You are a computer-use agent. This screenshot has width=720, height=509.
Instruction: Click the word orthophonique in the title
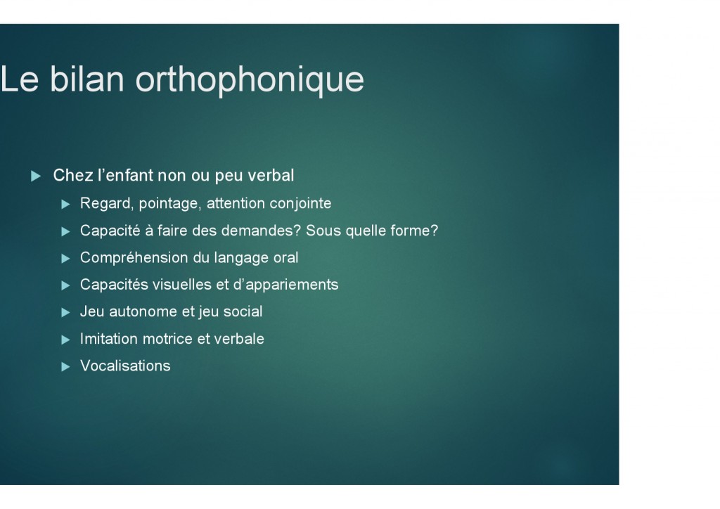(250, 80)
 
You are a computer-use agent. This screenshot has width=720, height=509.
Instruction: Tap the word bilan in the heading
(86, 79)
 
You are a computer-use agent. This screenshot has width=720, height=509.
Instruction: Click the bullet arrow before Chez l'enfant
(36, 176)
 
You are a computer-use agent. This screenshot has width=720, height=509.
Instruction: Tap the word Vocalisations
(125, 366)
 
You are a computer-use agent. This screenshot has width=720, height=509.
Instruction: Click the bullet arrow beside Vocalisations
(65, 367)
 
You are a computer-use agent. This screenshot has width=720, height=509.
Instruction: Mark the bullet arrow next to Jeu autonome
(65, 313)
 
